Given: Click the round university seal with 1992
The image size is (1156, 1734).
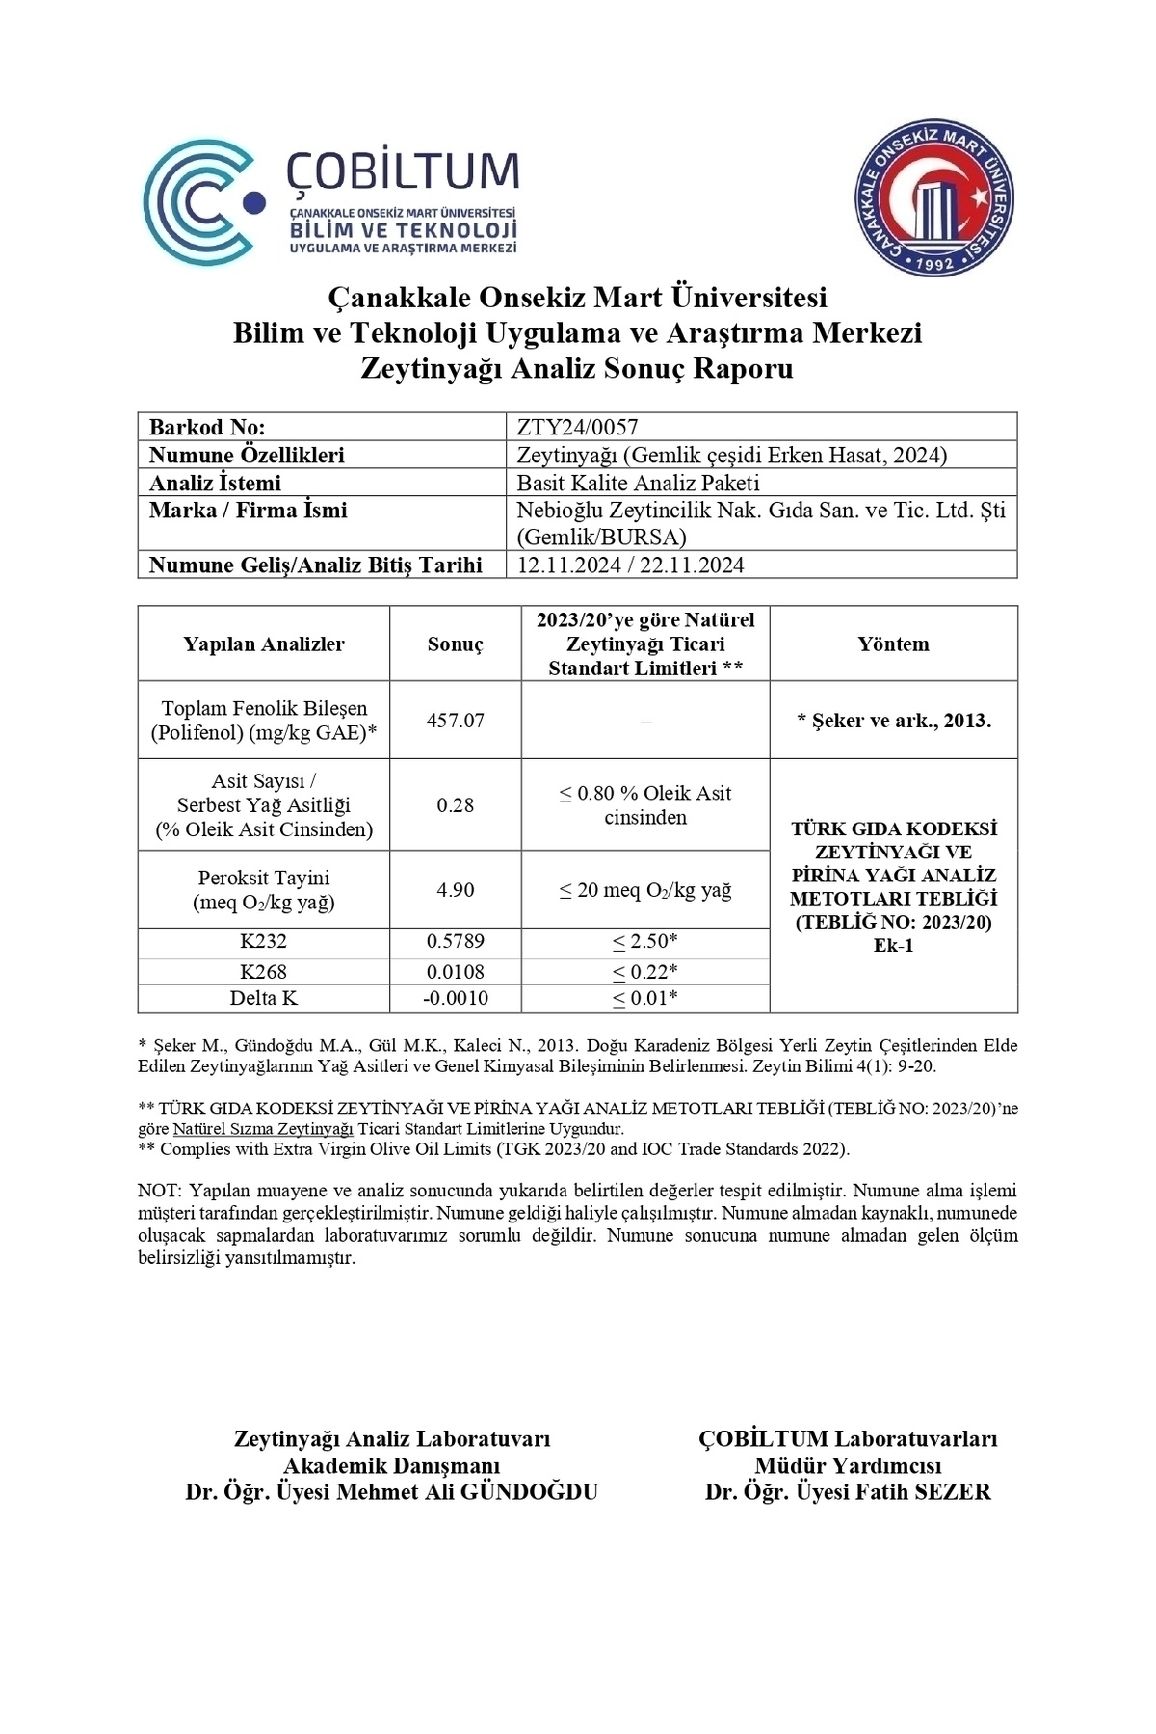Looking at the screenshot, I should [x=935, y=199].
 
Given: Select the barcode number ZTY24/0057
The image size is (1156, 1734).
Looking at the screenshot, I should [x=577, y=427].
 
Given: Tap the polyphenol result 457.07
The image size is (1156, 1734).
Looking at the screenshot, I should [x=455, y=721].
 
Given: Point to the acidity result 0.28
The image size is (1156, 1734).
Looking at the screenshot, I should [x=455, y=805].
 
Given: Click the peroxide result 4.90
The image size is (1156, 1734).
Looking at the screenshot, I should [x=455, y=890].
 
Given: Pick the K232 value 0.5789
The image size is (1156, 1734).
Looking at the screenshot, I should [x=455, y=942].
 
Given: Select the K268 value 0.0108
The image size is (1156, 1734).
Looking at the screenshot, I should [x=455, y=971].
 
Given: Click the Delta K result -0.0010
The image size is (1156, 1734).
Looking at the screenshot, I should [x=455, y=999].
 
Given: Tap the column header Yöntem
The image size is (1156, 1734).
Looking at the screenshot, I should [x=893, y=644].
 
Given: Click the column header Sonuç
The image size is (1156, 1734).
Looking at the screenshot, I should [x=455, y=644].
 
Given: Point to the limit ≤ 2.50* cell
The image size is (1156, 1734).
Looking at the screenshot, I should [x=644, y=942].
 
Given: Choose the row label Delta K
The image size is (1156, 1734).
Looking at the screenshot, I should [x=263, y=999].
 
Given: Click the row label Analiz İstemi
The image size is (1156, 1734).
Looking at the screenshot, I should [x=215, y=483].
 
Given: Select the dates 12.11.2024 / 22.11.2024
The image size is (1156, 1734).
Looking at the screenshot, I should [x=630, y=565].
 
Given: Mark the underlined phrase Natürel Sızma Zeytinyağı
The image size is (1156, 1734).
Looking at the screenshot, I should [x=263, y=1129].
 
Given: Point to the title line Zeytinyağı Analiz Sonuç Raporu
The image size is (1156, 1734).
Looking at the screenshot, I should [x=576, y=369].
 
